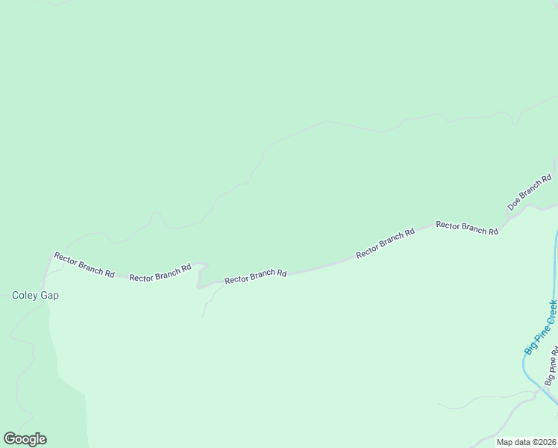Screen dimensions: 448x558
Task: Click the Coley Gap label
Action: tap(35, 295)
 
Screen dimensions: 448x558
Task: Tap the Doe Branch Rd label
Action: tap(530, 192)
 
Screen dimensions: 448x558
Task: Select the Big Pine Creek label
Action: tap(541, 327)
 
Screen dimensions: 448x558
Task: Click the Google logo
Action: tap(25, 439)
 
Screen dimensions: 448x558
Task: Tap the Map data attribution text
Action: tap(527, 442)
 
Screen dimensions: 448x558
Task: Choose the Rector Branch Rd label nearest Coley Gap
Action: tap(84, 265)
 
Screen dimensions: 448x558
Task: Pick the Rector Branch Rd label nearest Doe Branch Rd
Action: tap(467, 228)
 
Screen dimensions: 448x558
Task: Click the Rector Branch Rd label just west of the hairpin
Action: tap(160, 273)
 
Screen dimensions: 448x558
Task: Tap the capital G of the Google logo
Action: tap(10, 439)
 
